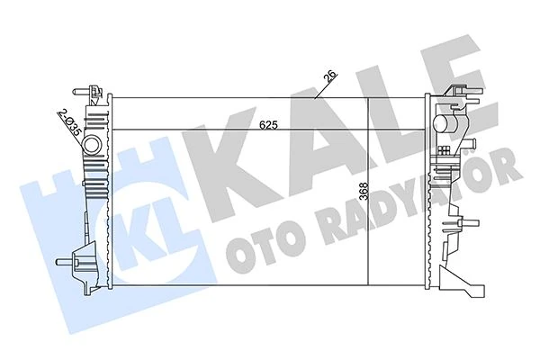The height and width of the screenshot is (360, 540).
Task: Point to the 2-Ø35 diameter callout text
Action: pos(69,121)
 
